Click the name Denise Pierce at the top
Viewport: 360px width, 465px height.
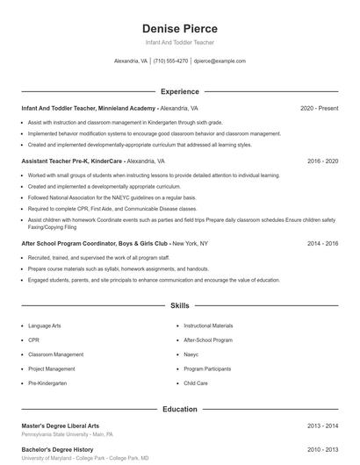(179, 28)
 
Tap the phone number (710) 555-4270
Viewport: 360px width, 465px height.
(170, 61)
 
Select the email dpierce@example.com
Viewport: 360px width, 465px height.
(220, 61)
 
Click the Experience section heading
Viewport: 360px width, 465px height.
(179, 91)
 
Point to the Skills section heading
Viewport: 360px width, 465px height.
(179, 306)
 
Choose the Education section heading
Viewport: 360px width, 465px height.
(179, 409)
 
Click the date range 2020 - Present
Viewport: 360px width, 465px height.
(319, 108)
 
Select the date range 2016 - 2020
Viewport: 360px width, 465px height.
(322, 161)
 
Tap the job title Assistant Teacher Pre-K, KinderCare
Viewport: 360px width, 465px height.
(73, 161)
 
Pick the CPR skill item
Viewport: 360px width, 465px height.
(34, 340)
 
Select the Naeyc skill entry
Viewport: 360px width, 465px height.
(191, 354)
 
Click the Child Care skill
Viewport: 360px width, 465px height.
(196, 383)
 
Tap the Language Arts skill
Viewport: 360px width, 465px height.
(45, 325)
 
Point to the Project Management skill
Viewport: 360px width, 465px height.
(51, 369)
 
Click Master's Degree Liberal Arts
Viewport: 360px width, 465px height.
(61, 426)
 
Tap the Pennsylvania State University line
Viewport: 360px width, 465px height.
(67, 434)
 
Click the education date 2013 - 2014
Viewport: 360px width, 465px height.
(322, 426)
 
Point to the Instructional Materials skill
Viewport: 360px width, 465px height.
(208, 325)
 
